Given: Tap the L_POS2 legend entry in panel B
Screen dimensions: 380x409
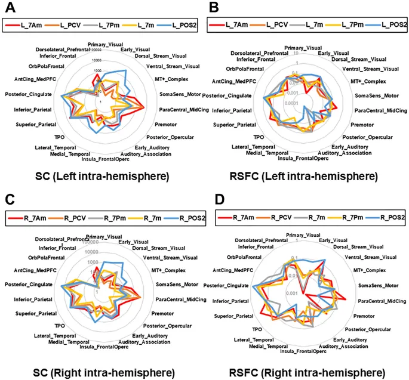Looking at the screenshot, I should (383, 26).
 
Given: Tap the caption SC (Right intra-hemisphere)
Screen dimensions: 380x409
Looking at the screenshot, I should (102, 373).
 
